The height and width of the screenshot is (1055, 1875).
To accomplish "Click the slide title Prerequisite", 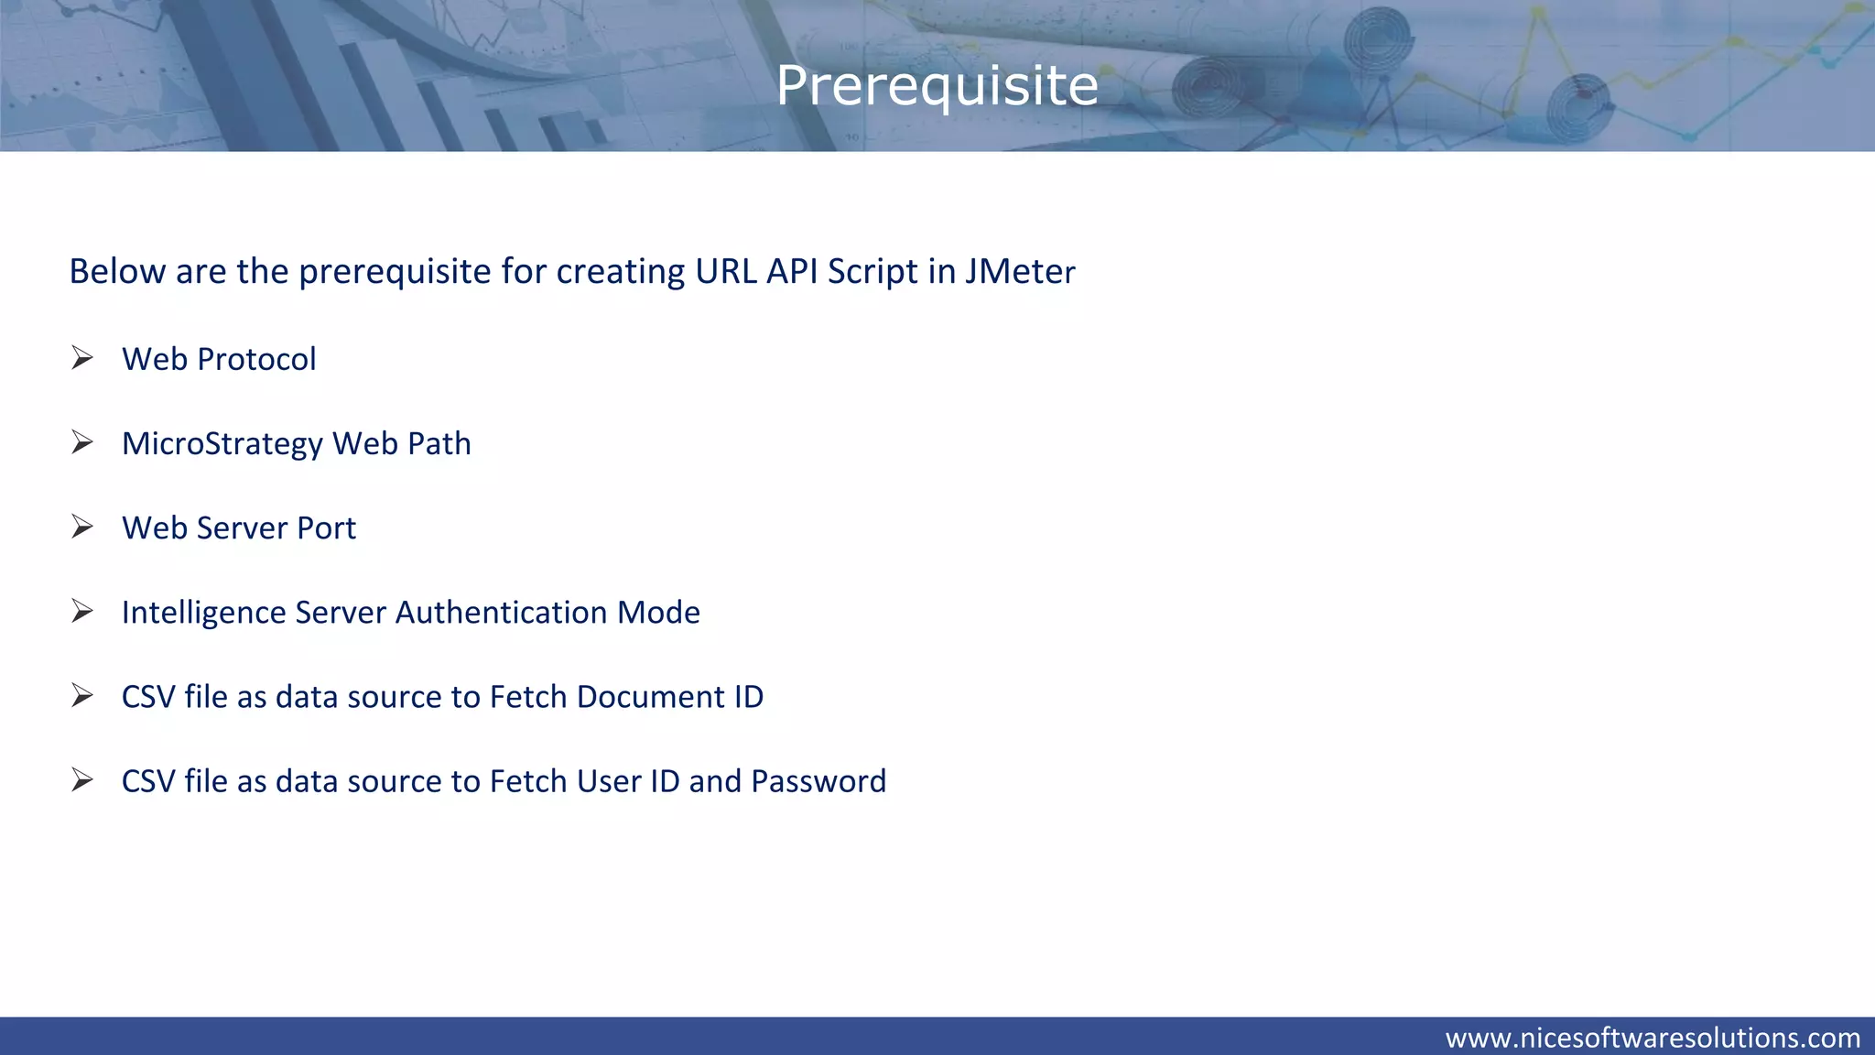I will [x=937, y=86].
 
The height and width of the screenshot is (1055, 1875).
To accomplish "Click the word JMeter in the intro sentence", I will [x=1020, y=272].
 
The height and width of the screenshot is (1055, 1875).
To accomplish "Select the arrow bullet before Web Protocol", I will [x=82, y=358].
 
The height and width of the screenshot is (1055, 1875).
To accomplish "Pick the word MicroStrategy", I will [x=222, y=444].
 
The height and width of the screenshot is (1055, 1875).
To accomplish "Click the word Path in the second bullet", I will [x=439, y=443].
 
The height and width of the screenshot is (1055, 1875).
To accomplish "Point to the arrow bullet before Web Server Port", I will [x=82, y=527].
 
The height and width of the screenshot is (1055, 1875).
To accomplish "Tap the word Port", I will [x=327, y=528].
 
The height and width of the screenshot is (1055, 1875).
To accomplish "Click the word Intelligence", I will [x=203, y=613].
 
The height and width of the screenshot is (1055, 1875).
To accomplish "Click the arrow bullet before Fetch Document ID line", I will [x=82, y=696].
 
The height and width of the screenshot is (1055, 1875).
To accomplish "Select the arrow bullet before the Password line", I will [x=82, y=780].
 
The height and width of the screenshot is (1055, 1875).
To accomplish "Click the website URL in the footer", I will [x=1653, y=1038].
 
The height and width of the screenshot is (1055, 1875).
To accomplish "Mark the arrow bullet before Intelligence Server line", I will [x=82, y=611].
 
